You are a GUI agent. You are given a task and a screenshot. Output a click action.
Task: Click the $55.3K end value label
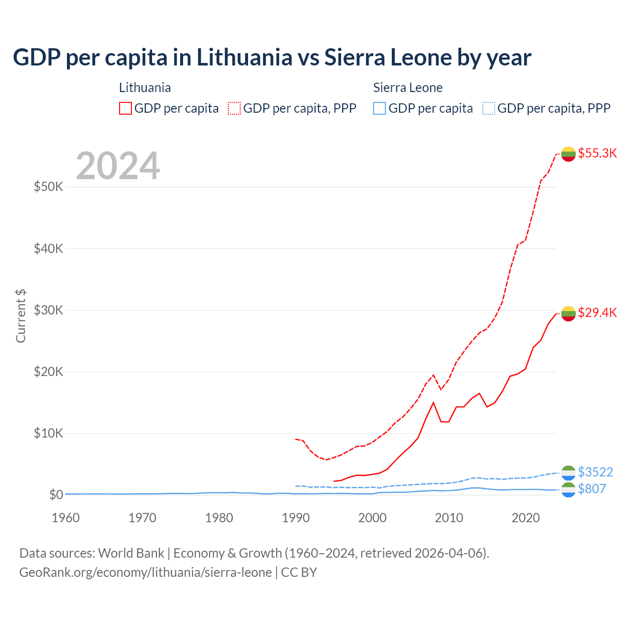click(x=597, y=153)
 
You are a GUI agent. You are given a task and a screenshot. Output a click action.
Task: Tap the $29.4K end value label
click(x=597, y=313)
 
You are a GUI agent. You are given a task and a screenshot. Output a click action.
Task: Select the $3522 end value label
click(x=595, y=472)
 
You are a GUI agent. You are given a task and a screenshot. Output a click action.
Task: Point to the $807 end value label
click(x=592, y=489)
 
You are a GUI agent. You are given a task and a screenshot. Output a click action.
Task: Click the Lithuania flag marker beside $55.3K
click(x=568, y=154)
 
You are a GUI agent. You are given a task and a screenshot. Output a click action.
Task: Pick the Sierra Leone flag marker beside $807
click(x=568, y=490)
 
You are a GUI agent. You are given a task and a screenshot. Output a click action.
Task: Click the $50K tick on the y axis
click(x=48, y=187)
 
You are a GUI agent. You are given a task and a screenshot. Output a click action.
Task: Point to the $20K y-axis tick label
click(x=48, y=372)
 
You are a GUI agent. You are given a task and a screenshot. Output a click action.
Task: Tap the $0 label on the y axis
click(x=56, y=495)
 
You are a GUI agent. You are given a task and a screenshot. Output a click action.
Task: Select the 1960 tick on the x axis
click(x=65, y=518)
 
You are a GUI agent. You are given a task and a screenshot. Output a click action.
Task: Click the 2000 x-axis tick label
click(x=372, y=518)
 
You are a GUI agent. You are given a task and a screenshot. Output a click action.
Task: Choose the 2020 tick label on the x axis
click(x=526, y=518)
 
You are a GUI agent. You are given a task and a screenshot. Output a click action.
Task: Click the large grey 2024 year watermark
click(x=118, y=166)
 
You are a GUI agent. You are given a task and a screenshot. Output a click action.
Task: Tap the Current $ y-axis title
click(x=21, y=316)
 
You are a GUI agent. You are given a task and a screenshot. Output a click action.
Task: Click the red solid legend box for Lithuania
click(x=126, y=108)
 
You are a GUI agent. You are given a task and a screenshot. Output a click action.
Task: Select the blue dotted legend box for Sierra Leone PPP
click(x=489, y=108)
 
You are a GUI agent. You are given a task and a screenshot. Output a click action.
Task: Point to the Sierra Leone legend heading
click(x=408, y=88)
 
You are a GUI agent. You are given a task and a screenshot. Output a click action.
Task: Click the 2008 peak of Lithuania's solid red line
click(x=433, y=403)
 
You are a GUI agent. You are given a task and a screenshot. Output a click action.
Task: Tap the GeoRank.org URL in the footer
click(x=146, y=572)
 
